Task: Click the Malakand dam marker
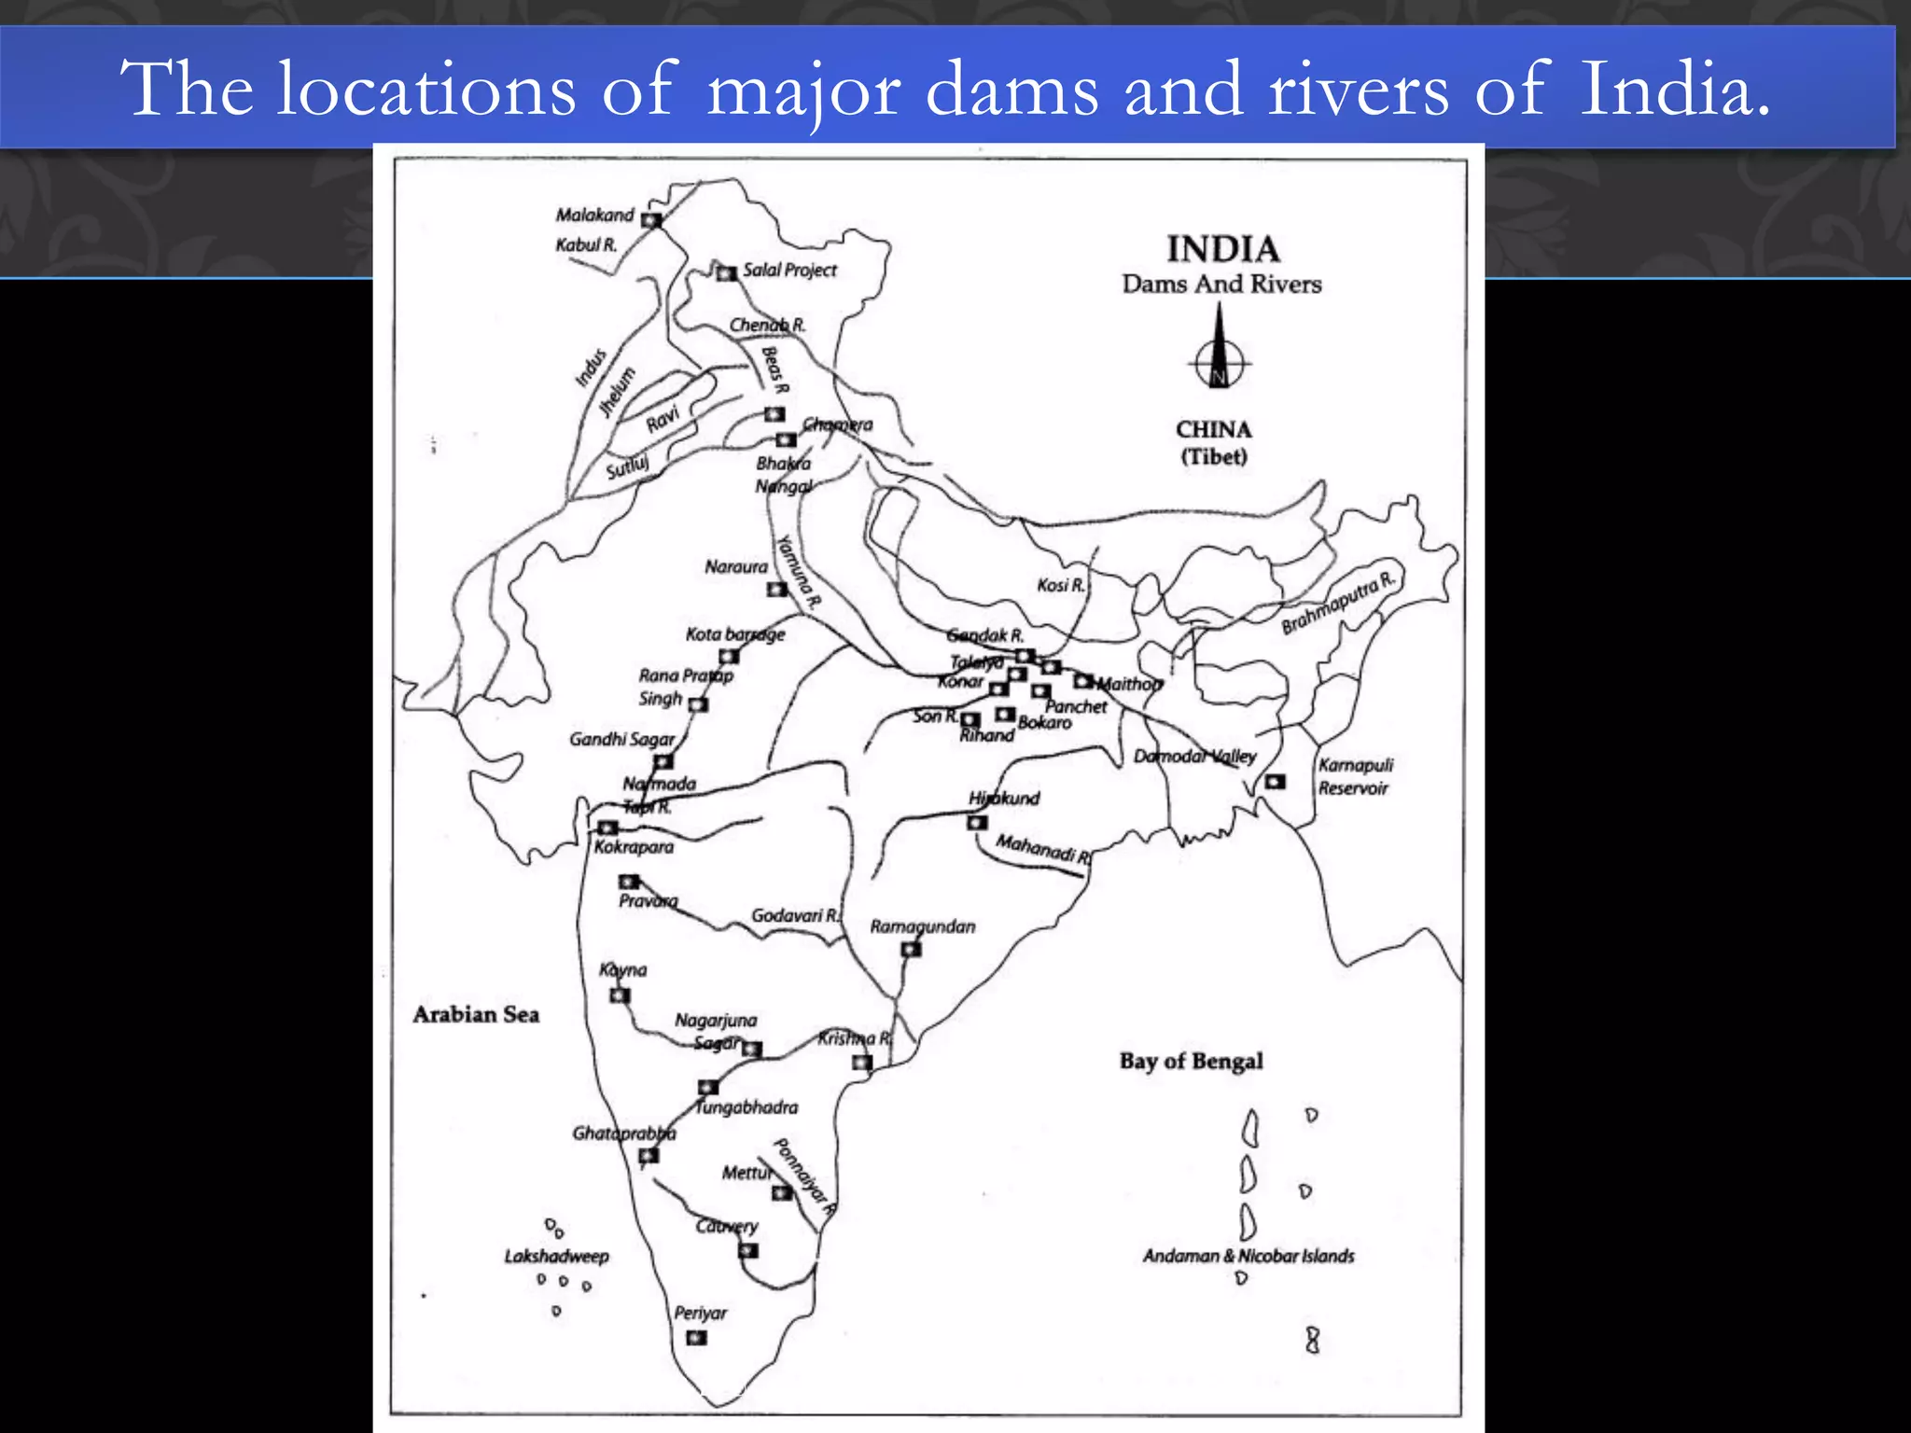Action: coord(651,220)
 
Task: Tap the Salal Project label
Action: coord(789,270)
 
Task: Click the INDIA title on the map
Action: coord(1222,249)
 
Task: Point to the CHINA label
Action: coord(1213,429)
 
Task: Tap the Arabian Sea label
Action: coord(476,1014)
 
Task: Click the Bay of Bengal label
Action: coord(1191,1061)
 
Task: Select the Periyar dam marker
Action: coord(696,1338)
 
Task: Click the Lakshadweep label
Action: coord(556,1256)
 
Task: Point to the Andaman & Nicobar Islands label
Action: coord(1248,1256)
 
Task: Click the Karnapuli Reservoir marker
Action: coord(1275,781)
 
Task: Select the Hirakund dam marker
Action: coord(977,823)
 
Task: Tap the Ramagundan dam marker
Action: coord(911,950)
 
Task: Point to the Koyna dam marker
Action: coord(620,995)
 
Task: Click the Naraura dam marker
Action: coord(776,589)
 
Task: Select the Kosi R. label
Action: coord(1061,585)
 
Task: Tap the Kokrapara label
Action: coord(634,847)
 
